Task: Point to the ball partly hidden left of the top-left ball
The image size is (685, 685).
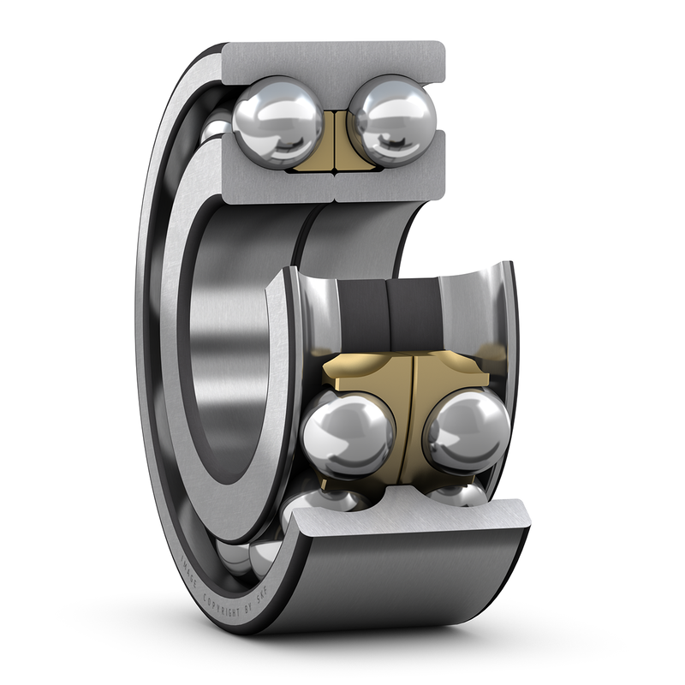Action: tap(217, 128)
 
